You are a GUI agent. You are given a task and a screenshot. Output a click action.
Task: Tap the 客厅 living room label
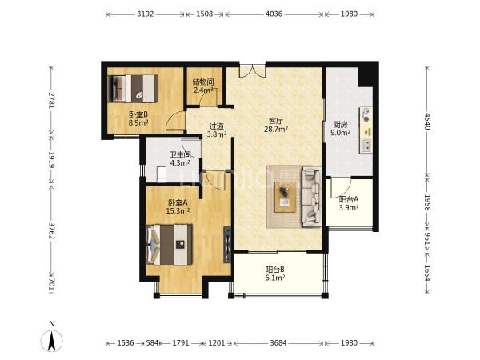pos(276,121)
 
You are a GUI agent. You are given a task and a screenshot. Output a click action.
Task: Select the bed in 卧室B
pos(133,89)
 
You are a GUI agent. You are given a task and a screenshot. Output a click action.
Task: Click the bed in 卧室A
pos(170,245)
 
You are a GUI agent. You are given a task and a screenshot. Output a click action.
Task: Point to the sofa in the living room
pos(311,197)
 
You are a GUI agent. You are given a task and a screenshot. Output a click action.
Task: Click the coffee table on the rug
pos(285,197)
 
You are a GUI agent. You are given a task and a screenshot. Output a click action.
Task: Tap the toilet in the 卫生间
pos(161,174)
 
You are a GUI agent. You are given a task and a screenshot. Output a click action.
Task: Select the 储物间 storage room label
pos(203,82)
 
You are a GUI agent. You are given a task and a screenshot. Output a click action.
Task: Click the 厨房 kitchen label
pos(341,125)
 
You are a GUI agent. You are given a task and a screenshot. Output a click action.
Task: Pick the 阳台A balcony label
pos(349,199)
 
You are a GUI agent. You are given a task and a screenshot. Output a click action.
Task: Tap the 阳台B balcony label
pos(275,270)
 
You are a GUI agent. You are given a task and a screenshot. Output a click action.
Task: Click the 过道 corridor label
pos(217,126)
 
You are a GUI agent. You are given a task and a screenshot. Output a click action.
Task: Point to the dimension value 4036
pos(274,14)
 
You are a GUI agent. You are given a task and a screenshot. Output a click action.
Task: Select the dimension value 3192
pos(145,14)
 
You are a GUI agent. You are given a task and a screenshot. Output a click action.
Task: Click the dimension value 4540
pos(427,122)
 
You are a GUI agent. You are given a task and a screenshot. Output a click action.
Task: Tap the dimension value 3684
pos(278,343)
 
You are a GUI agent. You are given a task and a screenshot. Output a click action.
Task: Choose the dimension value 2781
pos(52,100)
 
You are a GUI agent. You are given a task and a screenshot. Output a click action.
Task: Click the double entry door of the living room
pos(252,70)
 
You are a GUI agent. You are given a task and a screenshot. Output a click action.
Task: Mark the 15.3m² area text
pos(178,210)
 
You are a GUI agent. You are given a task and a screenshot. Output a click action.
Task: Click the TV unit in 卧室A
pos(227,245)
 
